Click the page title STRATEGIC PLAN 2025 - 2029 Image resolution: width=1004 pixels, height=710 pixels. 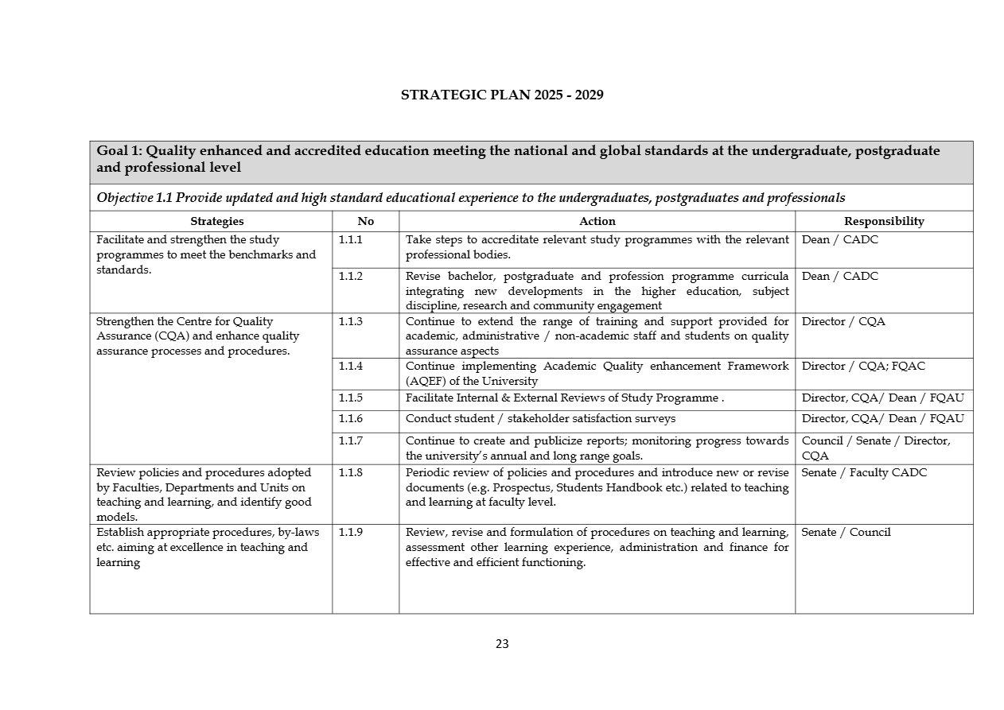[502, 95]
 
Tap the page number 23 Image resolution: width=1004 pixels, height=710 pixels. [502, 644]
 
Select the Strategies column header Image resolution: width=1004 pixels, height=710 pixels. [216, 222]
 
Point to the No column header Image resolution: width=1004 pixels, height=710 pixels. [365, 222]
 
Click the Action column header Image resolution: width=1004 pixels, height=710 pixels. [597, 222]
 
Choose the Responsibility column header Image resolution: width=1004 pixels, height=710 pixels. [884, 222]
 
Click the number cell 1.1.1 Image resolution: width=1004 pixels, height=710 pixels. [350, 239]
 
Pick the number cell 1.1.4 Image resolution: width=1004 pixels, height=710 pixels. [350, 367]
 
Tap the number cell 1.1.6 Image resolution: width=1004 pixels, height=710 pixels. [350, 419]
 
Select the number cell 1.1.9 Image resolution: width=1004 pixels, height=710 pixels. [350, 533]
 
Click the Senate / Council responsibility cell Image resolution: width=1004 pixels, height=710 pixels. [846, 533]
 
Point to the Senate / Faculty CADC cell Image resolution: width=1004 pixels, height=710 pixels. [864, 473]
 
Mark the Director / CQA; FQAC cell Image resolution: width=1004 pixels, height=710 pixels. [863, 367]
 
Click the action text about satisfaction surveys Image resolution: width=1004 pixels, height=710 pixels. [540, 419]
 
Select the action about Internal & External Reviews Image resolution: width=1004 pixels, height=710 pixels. [564, 398]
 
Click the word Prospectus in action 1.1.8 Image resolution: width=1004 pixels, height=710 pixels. [522, 488]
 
